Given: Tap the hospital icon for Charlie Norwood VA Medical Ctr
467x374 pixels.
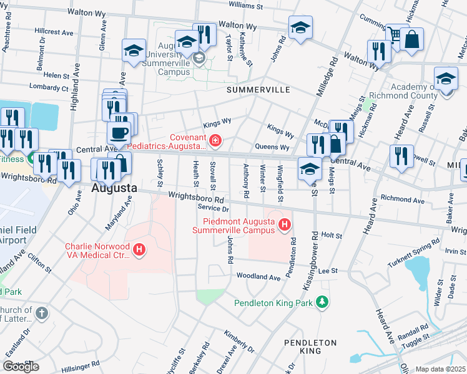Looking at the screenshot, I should (140, 250).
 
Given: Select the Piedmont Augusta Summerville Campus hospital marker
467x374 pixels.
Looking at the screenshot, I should (285, 224).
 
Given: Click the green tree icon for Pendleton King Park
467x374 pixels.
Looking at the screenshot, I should (322, 302).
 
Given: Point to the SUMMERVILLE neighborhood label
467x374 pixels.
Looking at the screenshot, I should (258, 90).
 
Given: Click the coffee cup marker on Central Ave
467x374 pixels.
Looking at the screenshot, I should (119, 132).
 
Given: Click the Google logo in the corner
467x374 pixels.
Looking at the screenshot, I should (21, 367).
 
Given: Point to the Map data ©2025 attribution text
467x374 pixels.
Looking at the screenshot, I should (440, 369).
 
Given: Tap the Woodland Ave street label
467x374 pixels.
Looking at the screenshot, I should (258, 277).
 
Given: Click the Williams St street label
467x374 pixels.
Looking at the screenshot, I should (246, 4).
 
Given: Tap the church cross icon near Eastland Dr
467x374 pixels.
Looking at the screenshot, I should (41, 313).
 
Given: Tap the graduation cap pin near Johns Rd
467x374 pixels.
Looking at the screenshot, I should (300, 27).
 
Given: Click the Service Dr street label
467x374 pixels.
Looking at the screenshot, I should (214, 207).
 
